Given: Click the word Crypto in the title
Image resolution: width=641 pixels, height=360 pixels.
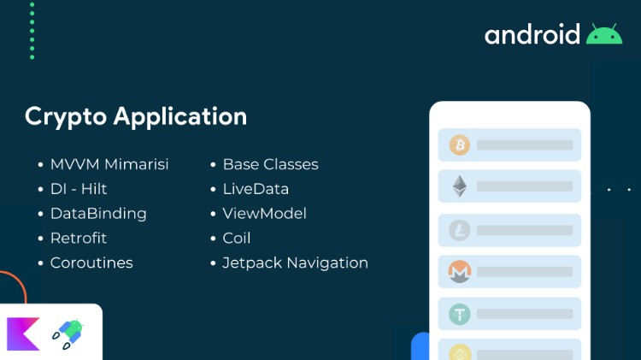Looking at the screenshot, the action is click(x=66, y=117).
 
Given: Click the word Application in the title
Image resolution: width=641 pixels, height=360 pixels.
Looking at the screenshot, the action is click(x=180, y=117).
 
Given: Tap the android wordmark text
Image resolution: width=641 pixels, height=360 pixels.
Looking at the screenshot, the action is click(x=532, y=34).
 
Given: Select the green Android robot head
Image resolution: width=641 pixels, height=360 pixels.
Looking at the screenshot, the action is click(x=604, y=34).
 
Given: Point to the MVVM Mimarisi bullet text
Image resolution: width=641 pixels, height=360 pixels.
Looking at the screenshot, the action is click(x=109, y=164).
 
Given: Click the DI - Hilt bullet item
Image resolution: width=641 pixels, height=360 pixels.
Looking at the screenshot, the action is click(x=79, y=189).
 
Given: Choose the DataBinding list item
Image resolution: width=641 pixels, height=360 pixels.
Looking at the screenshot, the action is click(x=98, y=214).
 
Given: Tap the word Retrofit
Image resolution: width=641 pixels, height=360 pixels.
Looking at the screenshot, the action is click(x=79, y=238).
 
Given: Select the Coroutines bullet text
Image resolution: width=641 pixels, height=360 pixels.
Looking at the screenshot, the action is click(x=91, y=263).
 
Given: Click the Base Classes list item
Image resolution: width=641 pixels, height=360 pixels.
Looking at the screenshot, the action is click(x=271, y=164).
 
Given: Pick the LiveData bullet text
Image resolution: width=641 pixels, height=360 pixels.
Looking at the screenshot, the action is click(x=256, y=189).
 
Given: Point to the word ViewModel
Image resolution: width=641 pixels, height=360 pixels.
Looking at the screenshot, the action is click(x=264, y=214).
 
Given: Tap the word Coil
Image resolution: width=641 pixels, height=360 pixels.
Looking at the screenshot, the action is click(x=237, y=238).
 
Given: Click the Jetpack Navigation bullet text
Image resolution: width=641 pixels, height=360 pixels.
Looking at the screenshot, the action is click(x=295, y=263).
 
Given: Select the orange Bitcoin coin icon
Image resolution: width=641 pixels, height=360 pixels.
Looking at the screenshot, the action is click(x=460, y=145).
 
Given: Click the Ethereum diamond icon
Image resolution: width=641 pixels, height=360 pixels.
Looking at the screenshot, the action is click(x=460, y=186).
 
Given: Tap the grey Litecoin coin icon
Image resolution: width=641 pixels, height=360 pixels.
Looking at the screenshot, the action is click(x=460, y=230).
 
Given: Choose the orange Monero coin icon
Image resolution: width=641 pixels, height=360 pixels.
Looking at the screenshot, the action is click(x=460, y=272).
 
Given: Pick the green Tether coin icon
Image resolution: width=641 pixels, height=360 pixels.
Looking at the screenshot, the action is click(x=460, y=314).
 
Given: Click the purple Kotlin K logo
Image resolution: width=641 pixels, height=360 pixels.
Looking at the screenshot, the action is click(x=23, y=334).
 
